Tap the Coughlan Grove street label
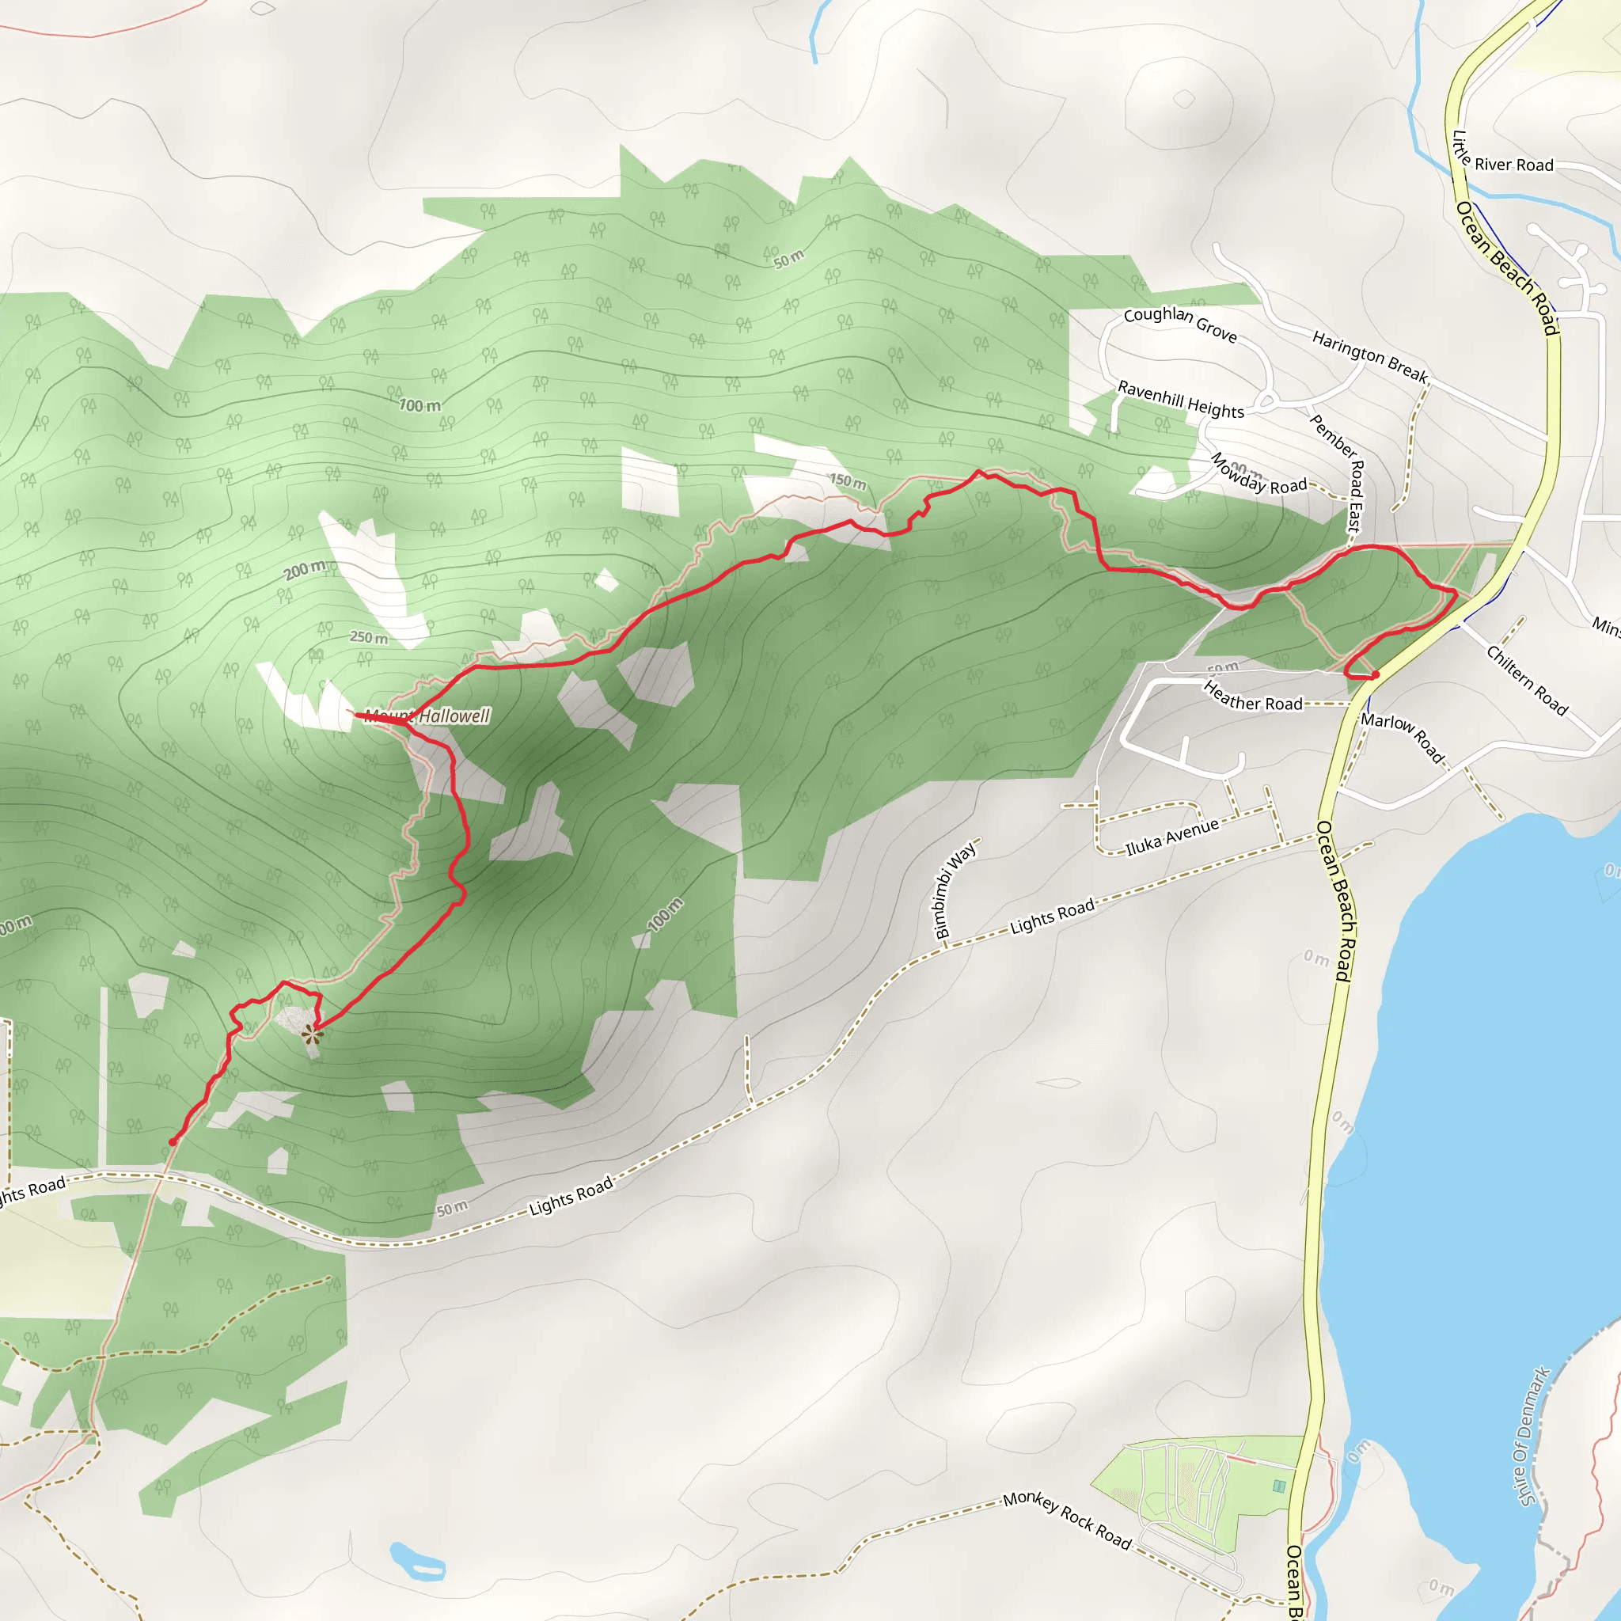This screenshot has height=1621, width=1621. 1179,324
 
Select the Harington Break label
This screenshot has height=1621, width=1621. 1369,355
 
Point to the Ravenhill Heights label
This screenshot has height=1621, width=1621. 1180,399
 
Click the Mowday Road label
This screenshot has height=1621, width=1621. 1258,474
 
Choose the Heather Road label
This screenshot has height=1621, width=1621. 1253,696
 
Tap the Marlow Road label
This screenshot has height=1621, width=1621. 1403,737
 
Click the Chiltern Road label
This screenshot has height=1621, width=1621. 1527,680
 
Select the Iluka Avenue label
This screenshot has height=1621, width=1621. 1171,837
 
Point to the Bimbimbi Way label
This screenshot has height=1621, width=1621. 955,890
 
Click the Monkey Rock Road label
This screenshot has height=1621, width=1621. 1067,1520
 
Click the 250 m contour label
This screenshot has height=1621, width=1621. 369,637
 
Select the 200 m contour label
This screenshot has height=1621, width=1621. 305,571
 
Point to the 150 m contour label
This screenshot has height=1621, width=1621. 848,480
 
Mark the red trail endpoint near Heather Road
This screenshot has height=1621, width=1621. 1376,674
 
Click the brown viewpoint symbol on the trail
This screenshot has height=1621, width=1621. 312,1035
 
